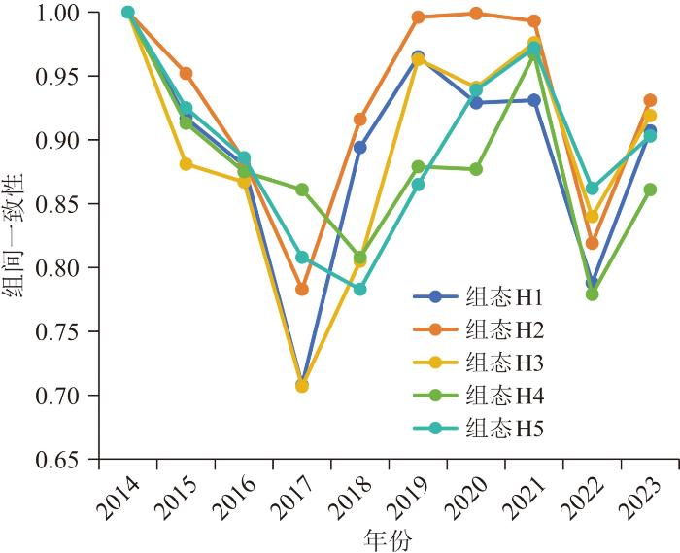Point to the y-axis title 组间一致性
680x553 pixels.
coord(17,236)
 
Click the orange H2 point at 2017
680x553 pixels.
coord(302,290)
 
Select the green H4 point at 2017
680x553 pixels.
coord(302,190)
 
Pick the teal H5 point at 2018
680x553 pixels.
coord(360,290)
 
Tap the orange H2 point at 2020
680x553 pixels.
coord(476,14)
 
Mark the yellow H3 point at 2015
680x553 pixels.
coord(186,164)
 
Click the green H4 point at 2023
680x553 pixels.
coord(650,190)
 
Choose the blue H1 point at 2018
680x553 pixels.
coord(360,148)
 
